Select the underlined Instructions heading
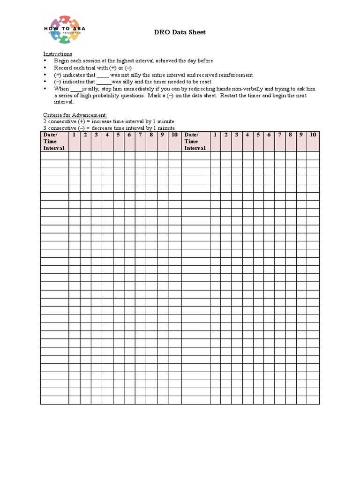(x=58, y=54)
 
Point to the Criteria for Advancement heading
(x=75, y=115)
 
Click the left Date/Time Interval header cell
(x=54, y=141)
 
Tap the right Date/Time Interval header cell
(x=195, y=141)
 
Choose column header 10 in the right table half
(x=313, y=135)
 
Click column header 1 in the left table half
(x=74, y=135)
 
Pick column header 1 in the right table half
(x=215, y=135)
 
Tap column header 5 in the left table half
(x=118, y=135)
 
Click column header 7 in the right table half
(x=280, y=135)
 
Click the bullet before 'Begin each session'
(x=45, y=61)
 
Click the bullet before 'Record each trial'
(x=45, y=68)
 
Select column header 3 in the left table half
(x=96, y=135)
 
